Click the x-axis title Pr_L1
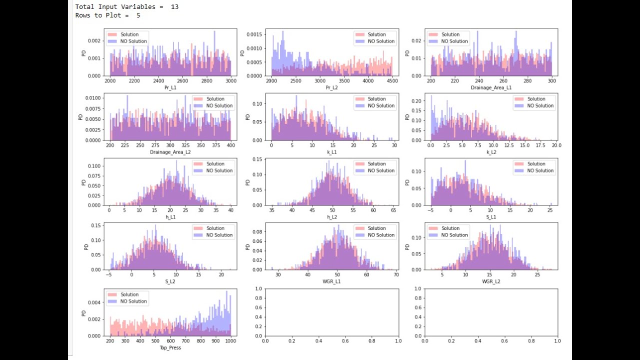click(170, 87)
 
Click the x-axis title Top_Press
click(170, 347)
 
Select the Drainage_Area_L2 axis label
click(170, 152)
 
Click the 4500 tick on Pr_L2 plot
click(391, 80)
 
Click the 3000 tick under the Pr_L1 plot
click(230, 80)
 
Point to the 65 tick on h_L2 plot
click(392, 210)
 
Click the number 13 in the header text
click(174, 7)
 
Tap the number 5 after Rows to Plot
click(138, 15)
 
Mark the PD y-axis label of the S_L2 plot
click(85, 246)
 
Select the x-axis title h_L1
click(170, 216)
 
